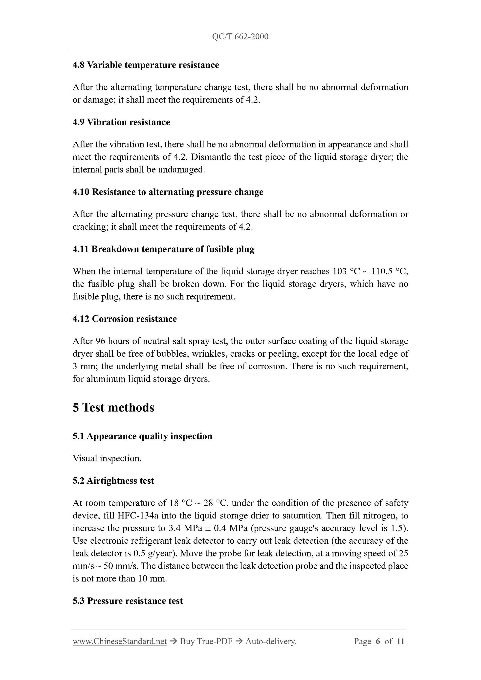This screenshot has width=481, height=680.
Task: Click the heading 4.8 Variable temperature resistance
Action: [146, 65]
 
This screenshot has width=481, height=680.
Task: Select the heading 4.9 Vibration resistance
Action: [121, 122]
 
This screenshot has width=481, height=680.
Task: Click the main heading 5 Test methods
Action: [113, 407]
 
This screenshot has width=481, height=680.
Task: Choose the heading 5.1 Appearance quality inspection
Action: [142, 436]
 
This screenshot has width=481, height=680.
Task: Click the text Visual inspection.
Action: [107, 458]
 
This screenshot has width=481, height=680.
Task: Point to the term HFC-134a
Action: [138, 516]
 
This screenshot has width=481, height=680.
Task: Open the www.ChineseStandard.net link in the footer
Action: [120, 641]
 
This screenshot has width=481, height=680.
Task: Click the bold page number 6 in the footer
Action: [378, 641]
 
